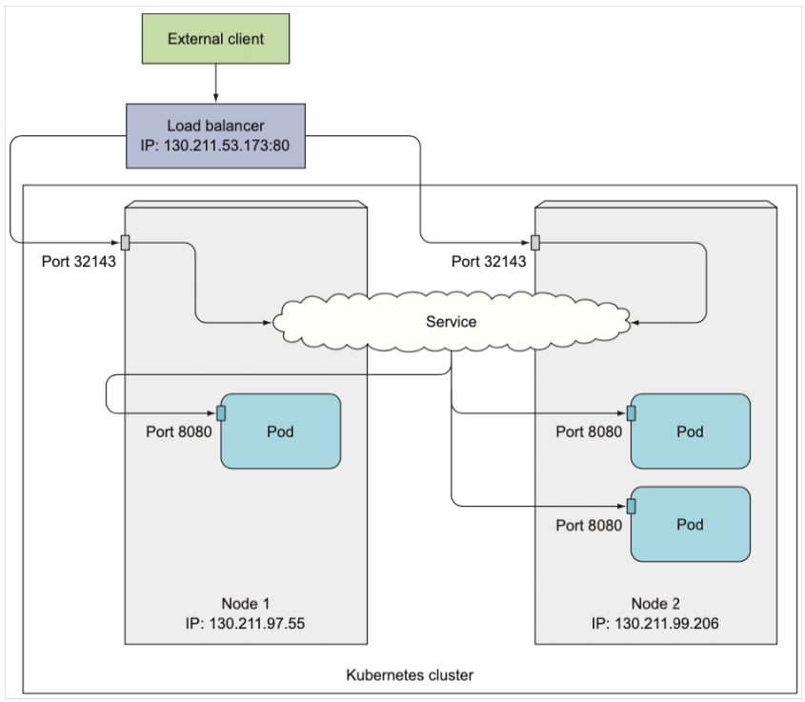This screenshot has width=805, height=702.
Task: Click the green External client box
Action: pyautogui.click(x=215, y=40)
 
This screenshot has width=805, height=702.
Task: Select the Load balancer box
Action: pyautogui.click(x=215, y=136)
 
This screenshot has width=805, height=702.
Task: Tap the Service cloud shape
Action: pyautogui.click(x=451, y=322)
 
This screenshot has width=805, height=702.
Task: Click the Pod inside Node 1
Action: pyautogui.click(x=280, y=431)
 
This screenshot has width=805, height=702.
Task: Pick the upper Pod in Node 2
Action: pyautogui.click(x=690, y=431)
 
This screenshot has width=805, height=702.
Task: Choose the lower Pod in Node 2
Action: pyautogui.click(x=690, y=525)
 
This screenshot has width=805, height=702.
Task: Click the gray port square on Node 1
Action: pyautogui.click(x=125, y=242)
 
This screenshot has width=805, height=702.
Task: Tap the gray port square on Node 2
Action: pyautogui.click(x=535, y=242)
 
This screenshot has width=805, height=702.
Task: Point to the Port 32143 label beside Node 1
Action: pyautogui.click(x=78, y=261)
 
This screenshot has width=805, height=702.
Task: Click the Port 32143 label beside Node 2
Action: pyautogui.click(x=489, y=261)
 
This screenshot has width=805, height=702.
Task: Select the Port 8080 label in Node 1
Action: pyautogui.click(x=178, y=431)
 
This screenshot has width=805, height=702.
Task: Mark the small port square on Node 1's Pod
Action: pyautogui.click(x=221, y=412)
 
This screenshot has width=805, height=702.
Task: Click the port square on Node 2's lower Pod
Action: pyautogui.click(x=632, y=506)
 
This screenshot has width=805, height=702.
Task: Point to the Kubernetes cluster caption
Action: pyautogui.click(x=410, y=675)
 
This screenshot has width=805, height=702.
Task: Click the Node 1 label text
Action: pyautogui.click(x=246, y=604)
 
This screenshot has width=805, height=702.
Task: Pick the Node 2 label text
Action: pyautogui.click(x=655, y=604)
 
